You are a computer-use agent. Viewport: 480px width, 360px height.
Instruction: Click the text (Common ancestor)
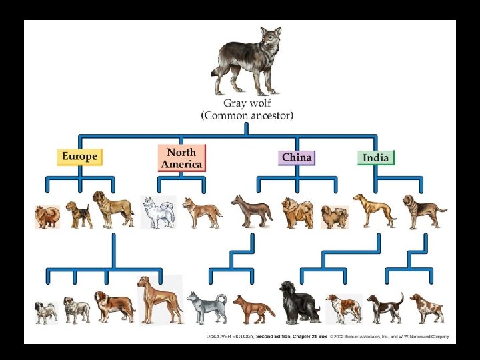[247, 115]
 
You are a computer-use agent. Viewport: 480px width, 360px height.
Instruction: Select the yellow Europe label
[79, 157]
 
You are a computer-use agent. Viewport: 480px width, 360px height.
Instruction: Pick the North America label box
[181, 158]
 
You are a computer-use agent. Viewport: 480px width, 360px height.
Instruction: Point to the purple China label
[296, 157]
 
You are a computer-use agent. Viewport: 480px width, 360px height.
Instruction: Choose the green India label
[376, 158]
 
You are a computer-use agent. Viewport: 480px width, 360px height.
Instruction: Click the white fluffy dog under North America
[158, 213]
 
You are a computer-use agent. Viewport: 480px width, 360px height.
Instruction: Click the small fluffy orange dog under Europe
[47, 217]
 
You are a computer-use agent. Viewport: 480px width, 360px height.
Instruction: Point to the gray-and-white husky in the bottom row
[206, 307]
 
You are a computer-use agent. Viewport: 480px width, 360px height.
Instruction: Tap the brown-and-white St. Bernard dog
[113, 306]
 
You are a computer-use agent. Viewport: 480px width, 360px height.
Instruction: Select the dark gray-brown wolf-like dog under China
[251, 211]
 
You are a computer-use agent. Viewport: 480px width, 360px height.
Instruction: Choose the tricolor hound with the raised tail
[385, 307]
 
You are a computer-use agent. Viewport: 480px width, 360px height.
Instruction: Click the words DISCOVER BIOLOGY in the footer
[231, 337]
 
